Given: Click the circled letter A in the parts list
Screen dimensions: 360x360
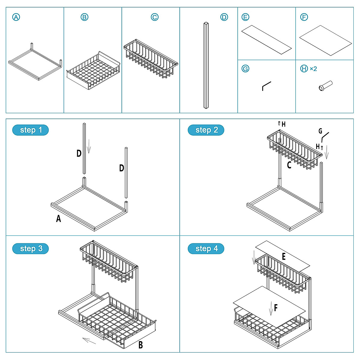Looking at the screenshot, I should pos(16,17).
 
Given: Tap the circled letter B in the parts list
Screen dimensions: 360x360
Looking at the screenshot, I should pos(85,17).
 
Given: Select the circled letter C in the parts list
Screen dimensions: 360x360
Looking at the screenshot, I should pos(154,17).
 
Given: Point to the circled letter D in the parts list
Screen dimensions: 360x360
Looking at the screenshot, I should pos(224,17).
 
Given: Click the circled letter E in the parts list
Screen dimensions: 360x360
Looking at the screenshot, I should pos(245,17).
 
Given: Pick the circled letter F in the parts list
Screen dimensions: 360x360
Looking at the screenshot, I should pos(304,17).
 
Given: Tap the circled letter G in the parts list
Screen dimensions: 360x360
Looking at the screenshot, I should pos(245,69).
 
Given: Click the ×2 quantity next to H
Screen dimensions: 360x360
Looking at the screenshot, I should pos(313,69).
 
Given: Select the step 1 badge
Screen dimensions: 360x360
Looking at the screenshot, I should pos(31,130).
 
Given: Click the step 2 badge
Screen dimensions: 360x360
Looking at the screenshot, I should pos(206,130).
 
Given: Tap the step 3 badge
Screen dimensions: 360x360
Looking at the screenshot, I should pos(31,249).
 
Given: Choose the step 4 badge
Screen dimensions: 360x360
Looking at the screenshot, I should pos(206,249).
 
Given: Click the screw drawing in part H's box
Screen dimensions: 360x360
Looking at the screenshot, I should pos(325,85).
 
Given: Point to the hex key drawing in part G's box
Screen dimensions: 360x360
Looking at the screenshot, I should pos(266,86).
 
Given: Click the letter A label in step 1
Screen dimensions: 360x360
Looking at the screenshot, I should pos(58,219).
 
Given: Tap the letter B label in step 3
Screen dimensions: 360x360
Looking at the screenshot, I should pos(140,345).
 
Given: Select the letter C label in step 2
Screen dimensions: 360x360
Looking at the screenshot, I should pos(289,165).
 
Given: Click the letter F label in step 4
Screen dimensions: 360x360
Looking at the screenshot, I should pos(276,307).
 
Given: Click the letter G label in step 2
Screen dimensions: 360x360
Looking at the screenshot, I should pos(320,131).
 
